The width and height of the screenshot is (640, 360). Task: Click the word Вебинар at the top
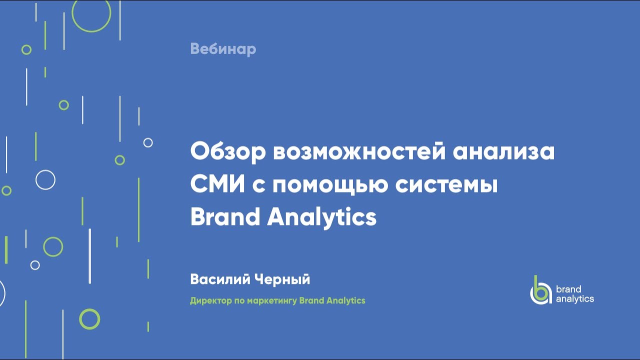[x=223, y=49]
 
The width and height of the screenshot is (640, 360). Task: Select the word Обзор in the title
[x=227, y=152]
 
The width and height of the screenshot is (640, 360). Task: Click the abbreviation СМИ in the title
[x=216, y=184]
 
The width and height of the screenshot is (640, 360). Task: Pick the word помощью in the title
[x=330, y=185]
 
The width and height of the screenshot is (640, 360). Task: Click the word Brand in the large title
[x=225, y=217]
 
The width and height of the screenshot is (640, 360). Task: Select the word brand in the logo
[x=568, y=289]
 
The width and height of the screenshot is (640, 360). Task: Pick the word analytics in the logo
[x=575, y=299]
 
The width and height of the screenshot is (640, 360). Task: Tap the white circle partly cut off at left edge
[x=1, y=293]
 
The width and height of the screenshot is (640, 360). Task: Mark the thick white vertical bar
[x=89, y=256]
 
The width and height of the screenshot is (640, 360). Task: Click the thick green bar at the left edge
[x=6, y=249]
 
